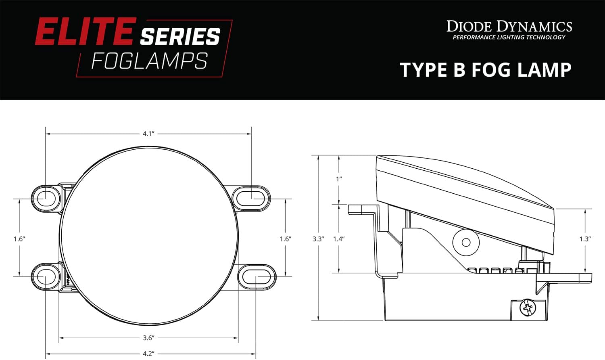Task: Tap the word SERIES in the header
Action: click(x=180, y=37)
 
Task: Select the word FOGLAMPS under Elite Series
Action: click(x=149, y=61)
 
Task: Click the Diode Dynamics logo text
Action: click(x=509, y=27)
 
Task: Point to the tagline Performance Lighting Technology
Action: click(x=509, y=38)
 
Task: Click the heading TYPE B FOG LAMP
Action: click(x=486, y=70)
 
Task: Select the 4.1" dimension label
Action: click(x=148, y=134)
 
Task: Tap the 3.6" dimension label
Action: click(x=148, y=337)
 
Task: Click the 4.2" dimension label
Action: click(x=148, y=354)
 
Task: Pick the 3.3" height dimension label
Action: click(x=318, y=239)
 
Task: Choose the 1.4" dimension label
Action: click(x=338, y=239)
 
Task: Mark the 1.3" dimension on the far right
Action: click(x=585, y=239)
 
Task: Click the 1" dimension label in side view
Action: click(x=339, y=178)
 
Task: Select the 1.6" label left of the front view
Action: click(x=19, y=239)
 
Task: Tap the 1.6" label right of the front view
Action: click(x=286, y=239)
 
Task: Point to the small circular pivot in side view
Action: click(x=466, y=242)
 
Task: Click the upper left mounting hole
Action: click(x=46, y=198)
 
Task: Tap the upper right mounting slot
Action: click(x=252, y=198)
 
